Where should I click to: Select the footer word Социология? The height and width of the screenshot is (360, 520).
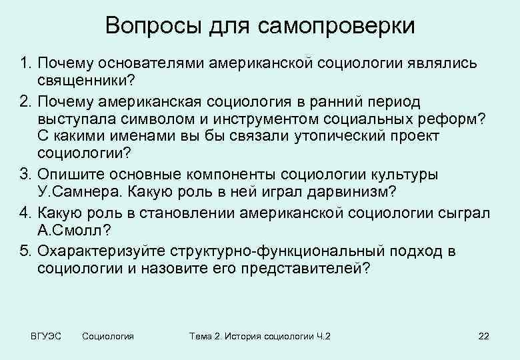pyautogui.click(x=107, y=336)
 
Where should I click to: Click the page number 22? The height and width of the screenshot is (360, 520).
pyautogui.click(x=483, y=336)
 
